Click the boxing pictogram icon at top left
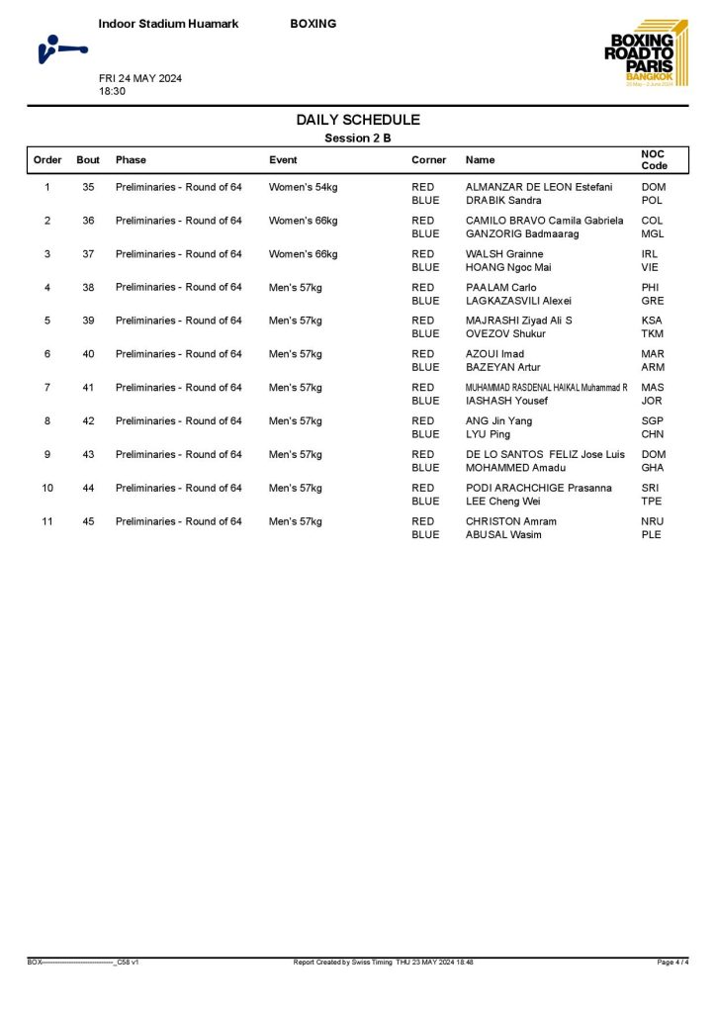(x=60, y=48)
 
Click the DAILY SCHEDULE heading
(x=358, y=120)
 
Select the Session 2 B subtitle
(x=358, y=138)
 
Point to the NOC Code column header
(x=654, y=159)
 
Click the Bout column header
(x=88, y=159)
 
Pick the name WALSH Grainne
(x=504, y=254)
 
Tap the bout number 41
(x=88, y=388)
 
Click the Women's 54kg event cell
(x=304, y=187)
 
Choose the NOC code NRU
(x=652, y=521)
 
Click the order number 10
(x=47, y=488)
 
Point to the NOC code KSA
(x=652, y=321)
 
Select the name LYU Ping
(x=488, y=434)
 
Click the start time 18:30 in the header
(x=112, y=90)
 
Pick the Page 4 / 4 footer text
(x=672, y=962)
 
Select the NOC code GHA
(x=652, y=468)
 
